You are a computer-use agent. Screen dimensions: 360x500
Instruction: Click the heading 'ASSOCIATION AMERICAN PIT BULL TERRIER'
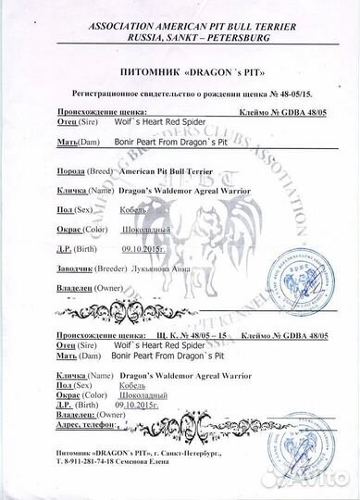(179, 10)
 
